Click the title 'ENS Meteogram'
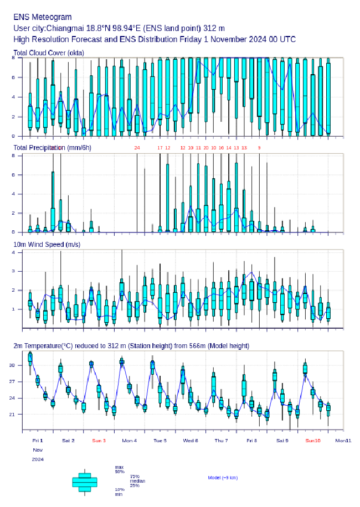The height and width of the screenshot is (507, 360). pyautogui.click(x=43, y=17)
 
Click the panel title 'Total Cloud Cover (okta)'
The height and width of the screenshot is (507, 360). pyautogui.click(x=48, y=53)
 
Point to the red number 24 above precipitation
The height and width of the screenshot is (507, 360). pyautogui.click(x=137, y=148)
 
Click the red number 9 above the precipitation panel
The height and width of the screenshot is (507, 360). pyautogui.click(x=259, y=148)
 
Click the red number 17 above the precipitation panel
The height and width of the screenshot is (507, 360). pyautogui.click(x=160, y=148)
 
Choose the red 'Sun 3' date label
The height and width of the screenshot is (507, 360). pyautogui.click(x=99, y=441)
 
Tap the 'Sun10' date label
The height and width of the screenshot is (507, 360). pyautogui.click(x=313, y=441)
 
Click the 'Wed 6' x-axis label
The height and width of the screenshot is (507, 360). pyautogui.click(x=191, y=441)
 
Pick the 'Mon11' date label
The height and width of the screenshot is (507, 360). pyautogui.click(x=343, y=441)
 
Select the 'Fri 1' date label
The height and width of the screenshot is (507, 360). pyautogui.click(x=38, y=441)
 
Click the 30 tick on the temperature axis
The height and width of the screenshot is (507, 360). pyautogui.click(x=18, y=366)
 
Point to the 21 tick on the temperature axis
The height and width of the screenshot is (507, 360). pyautogui.click(x=18, y=414)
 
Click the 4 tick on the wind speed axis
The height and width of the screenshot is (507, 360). pyautogui.click(x=19, y=252)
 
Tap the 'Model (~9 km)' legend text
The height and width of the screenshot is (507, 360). pyautogui.click(x=223, y=478)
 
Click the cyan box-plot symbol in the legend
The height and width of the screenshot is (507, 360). pyautogui.click(x=85, y=482)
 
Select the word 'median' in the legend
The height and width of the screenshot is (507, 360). pyautogui.click(x=137, y=481)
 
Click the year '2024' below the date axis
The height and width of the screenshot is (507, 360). pyautogui.click(x=38, y=459)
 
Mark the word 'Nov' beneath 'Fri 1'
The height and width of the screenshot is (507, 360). pyautogui.click(x=37, y=450)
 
